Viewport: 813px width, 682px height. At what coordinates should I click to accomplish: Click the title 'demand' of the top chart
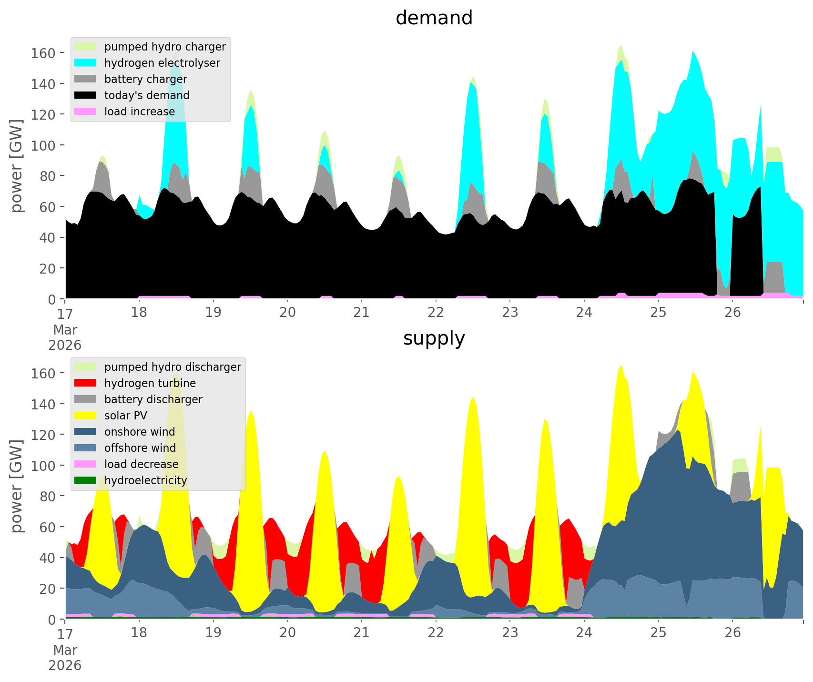click(x=434, y=18)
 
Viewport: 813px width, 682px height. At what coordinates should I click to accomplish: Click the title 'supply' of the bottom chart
click(x=434, y=338)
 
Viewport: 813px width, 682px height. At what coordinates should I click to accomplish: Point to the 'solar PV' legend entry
click(x=126, y=416)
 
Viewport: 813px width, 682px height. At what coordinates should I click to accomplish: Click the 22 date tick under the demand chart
click(x=436, y=313)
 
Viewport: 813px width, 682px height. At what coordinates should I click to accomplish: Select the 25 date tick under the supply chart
click(x=658, y=633)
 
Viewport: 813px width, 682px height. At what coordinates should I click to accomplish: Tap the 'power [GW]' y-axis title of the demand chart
click(x=17, y=166)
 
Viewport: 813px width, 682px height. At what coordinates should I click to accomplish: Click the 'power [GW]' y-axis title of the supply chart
click(x=17, y=486)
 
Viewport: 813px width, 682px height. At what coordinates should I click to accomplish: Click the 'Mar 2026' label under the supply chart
click(x=65, y=658)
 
